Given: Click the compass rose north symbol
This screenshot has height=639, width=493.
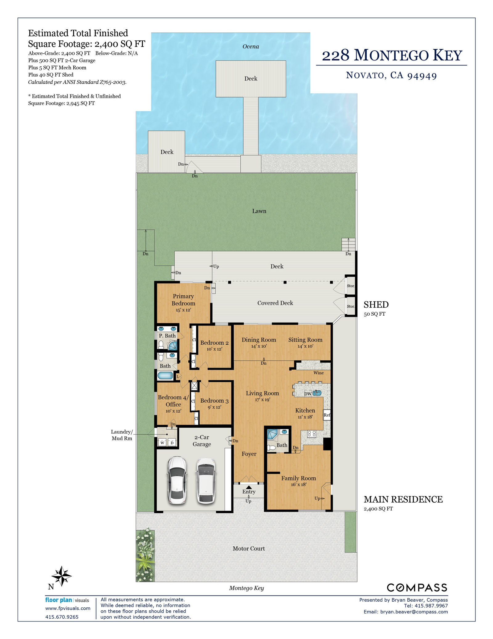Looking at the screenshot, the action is click(61, 576).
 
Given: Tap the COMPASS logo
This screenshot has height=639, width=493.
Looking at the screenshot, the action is click(417, 588).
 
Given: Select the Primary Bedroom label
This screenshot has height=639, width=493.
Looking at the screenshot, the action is click(183, 300).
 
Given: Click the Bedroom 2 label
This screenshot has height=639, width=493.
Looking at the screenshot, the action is click(214, 343).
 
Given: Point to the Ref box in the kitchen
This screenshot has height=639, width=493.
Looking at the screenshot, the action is click(327, 415).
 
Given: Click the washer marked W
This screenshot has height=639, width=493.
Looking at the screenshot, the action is click(162, 443).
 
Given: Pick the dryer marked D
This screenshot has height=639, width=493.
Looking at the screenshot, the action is click(172, 443).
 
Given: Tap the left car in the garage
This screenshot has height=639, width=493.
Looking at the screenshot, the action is click(177, 480).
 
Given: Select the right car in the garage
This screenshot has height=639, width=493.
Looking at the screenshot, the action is click(206, 481).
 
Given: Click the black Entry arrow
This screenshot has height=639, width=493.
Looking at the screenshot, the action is click(249, 487).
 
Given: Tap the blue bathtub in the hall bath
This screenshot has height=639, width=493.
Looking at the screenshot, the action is click(165, 376).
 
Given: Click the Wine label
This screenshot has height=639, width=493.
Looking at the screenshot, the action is click(319, 373).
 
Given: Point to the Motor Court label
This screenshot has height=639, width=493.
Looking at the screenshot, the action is click(249, 549).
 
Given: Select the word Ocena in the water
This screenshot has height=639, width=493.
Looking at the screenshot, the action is click(251, 47).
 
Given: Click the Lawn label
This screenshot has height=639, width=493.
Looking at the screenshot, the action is click(259, 211).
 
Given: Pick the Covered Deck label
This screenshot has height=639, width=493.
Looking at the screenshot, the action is click(275, 303).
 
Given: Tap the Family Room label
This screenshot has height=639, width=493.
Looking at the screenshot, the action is click(299, 478).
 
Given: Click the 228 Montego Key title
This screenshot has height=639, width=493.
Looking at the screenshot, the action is click(392, 55).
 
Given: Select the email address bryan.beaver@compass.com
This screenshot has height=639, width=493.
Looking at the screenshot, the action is click(414, 612).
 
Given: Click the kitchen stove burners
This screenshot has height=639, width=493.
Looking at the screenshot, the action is click(312, 434).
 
